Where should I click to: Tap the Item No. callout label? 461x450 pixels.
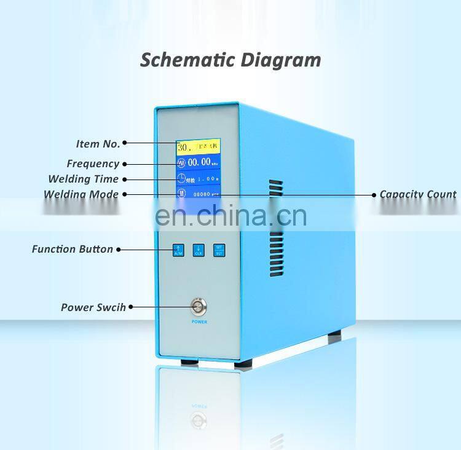point(98,144)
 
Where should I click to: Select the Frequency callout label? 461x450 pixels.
point(93,164)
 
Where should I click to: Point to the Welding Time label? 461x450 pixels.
point(84,179)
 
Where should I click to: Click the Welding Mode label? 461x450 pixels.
point(81,194)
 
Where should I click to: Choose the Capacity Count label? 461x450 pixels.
point(418,194)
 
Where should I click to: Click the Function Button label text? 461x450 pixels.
point(73,249)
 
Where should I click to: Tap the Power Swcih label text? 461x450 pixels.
point(93,307)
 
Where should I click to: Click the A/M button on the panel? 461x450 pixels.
point(179,250)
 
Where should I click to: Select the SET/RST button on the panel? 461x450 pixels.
point(219,250)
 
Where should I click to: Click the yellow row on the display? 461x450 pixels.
point(199,148)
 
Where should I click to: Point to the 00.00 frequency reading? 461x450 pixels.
point(199,164)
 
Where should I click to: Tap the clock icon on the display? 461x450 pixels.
point(181,179)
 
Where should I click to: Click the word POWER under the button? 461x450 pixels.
point(199,322)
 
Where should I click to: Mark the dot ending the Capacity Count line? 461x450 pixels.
point(374,194)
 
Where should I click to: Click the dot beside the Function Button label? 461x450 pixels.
point(118,250)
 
